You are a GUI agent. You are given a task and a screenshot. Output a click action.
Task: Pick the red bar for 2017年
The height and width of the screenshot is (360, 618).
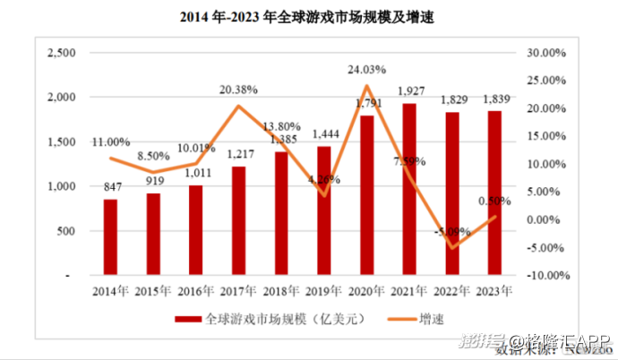tap(238, 220)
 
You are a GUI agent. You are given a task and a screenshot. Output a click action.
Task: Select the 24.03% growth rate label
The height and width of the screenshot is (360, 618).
tap(367, 69)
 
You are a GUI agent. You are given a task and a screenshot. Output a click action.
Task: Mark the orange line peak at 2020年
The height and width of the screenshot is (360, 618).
tap(366, 86)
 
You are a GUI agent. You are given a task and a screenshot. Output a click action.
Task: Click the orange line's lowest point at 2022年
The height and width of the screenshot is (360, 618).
tap(452, 247)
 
